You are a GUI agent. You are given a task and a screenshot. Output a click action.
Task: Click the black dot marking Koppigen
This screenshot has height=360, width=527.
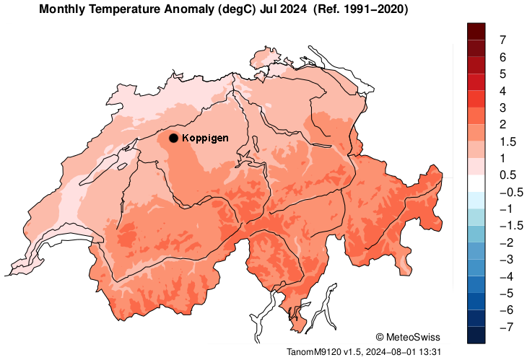click(173, 138)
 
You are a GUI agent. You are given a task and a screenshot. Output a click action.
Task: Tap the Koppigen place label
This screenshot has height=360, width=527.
click(205, 138)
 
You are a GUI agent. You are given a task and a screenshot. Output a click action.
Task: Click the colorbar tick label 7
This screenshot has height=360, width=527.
click(502, 40)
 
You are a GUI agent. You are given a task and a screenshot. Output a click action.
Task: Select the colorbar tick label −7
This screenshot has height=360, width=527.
click(505, 327)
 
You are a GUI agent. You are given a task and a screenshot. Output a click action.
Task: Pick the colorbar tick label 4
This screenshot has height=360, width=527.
click(502, 91)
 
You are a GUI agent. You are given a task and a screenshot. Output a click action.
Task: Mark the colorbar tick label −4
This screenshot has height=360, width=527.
click(505, 276)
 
